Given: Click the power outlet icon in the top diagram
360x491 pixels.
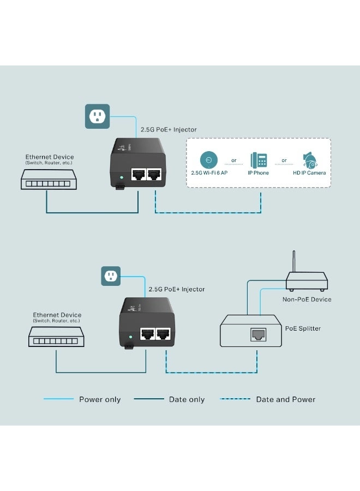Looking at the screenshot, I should coord(97,116).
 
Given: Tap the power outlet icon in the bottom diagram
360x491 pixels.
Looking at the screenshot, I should coord(111,276).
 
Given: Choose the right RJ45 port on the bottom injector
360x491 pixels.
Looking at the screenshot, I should coord(163,334).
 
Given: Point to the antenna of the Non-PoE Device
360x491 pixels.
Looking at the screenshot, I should coord(294,264).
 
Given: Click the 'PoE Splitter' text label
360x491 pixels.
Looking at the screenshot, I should coord(303,328).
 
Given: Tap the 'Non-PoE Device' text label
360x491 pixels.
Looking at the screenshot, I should coord(307,299).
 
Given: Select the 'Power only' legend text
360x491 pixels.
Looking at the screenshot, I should coord(100,399).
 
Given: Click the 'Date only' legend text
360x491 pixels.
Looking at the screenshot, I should coord(187,399).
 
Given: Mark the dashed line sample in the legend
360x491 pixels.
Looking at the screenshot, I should coord(235,399).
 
